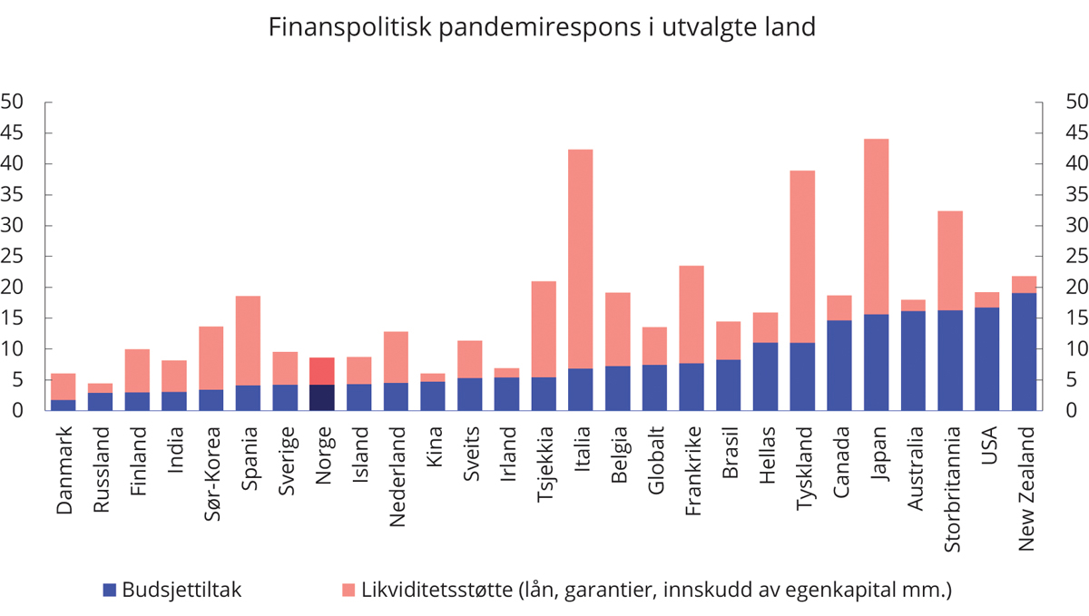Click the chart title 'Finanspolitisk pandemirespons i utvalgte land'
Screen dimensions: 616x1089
coord(542,28)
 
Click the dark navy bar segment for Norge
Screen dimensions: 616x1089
coord(322,397)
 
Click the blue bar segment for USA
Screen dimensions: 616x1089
coord(986,358)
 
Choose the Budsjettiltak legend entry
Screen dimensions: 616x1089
coord(172,591)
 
